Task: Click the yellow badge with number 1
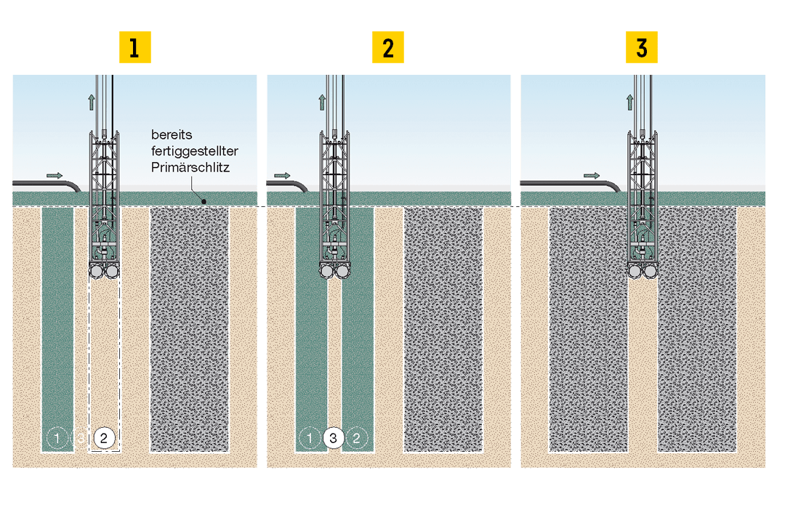(134, 48)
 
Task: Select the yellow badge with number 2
(388, 48)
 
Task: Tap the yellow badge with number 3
(642, 48)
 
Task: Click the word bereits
(171, 135)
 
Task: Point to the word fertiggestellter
(195, 150)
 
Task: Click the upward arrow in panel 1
(92, 102)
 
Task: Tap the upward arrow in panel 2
(322, 102)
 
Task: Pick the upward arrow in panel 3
(630, 102)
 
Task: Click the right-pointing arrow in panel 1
(55, 175)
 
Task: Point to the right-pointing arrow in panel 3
(592, 175)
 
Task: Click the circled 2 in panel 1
(104, 438)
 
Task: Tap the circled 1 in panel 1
(55, 438)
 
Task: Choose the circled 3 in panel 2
(333, 438)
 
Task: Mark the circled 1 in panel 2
(309, 438)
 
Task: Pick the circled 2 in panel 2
(356, 438)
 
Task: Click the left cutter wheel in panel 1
(96, 272)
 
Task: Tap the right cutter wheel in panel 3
(651, 272)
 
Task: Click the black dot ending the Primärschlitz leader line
(204, 201)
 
